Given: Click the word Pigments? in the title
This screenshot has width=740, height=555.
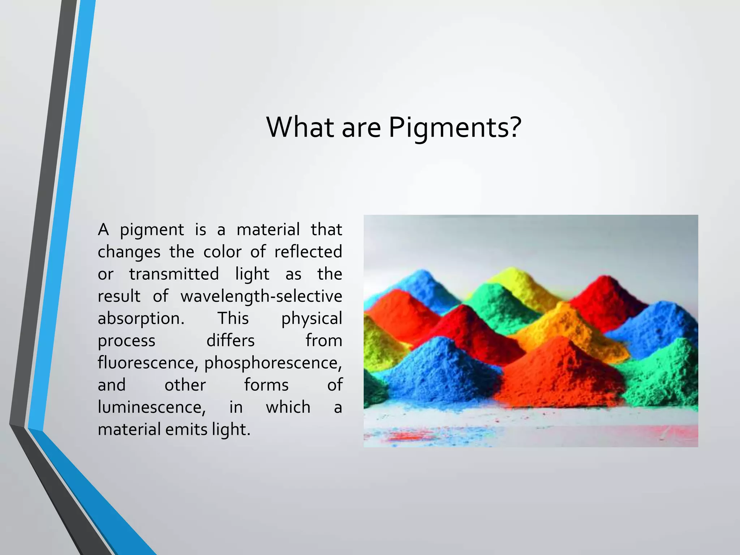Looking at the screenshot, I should pos(455,127).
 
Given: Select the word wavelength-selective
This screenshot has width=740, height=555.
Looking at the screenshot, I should pos(261,296).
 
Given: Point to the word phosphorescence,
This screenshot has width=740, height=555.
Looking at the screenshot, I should pos(273,363).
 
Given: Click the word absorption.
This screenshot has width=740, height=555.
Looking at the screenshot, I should pos(141,319).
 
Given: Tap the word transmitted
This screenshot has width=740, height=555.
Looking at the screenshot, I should pos(174,274).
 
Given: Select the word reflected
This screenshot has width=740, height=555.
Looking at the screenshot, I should pos(308,252).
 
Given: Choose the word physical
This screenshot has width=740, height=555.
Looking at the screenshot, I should pos(311,319).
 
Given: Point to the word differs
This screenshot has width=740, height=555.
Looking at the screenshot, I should pos(231,341).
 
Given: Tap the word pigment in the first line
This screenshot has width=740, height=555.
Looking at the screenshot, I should pos(152,230).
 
